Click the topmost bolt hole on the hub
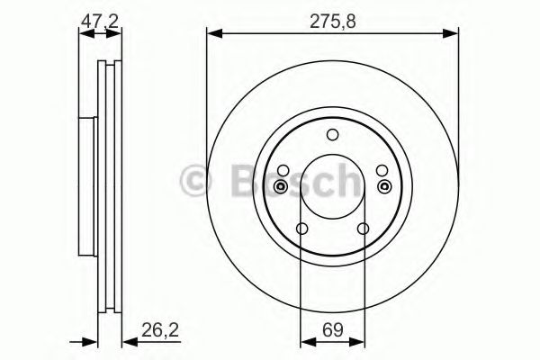pos(332,136)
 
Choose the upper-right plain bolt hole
pos(382,171)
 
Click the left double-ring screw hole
pos(281,186)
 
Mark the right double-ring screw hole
pos(384,186)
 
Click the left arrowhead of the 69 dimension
pos(306,340)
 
